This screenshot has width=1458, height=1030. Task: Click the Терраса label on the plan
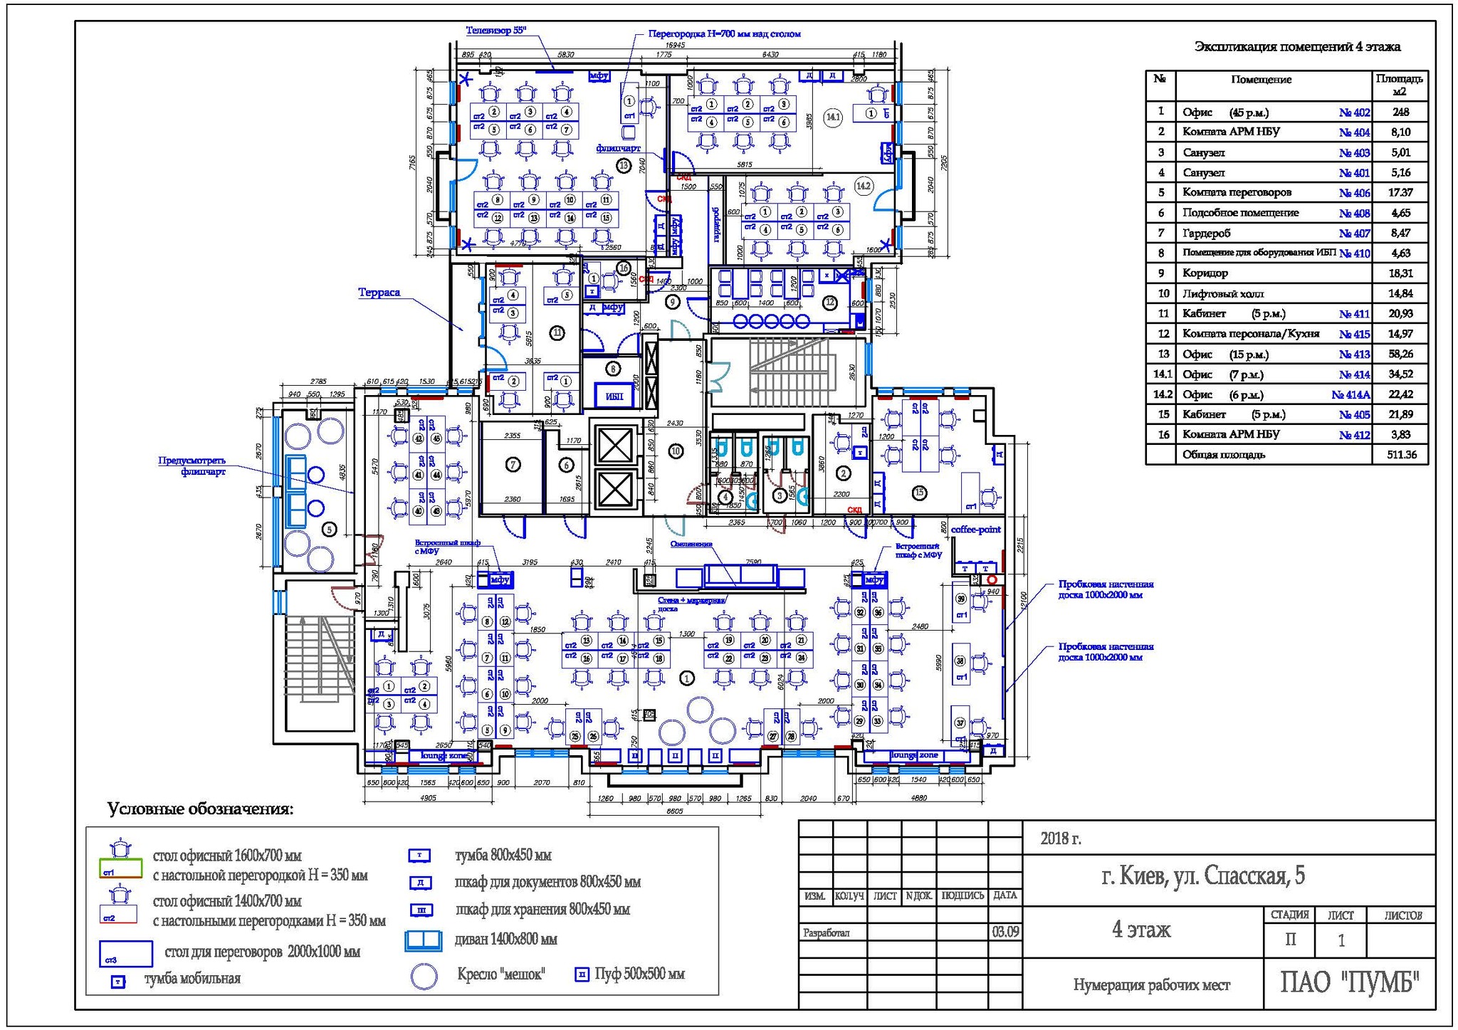[379, 293]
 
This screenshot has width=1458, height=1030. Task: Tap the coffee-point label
[975, 530]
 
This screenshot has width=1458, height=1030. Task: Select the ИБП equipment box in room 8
[614, 396]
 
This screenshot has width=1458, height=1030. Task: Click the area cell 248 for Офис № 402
[1400, 112]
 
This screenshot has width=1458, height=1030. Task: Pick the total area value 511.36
[1401, 454]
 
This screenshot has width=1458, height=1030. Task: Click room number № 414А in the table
[1351, 394]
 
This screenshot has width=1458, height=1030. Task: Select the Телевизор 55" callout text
[495, 31]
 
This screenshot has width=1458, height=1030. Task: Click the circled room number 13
[624, 166]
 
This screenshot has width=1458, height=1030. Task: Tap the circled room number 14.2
[863, 186]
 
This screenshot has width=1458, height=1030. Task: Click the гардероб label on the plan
[716, 224]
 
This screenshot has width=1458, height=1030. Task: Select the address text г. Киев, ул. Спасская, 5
[1202, 876]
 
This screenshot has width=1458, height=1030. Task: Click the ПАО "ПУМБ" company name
[1349, 983]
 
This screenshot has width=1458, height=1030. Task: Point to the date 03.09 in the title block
[1005, 932]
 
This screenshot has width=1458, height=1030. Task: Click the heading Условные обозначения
[200, 809]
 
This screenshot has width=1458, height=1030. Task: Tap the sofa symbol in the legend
[424, 940]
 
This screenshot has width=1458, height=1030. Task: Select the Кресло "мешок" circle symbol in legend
[424, 976]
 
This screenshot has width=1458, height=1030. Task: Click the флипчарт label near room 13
[618, 148]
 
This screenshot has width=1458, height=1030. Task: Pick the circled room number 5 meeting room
[328, 529]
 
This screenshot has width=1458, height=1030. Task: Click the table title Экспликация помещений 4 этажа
[1296, 47]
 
